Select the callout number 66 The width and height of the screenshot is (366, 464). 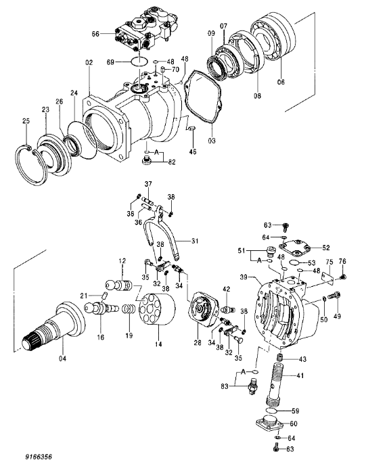[95, 33]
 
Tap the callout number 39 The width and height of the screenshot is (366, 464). [243, 277]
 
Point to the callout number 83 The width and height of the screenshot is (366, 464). [225, 386]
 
